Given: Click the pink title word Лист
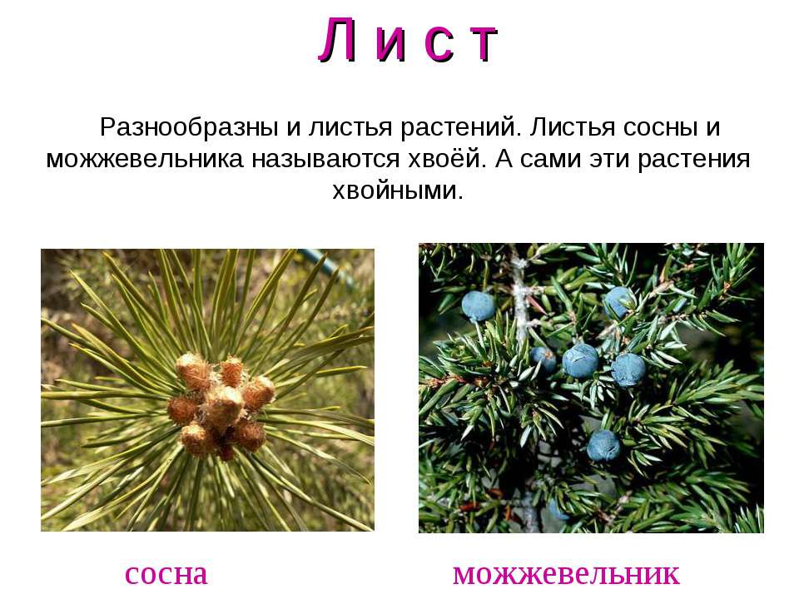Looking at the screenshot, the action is pyautogui.click(x=408, y=40).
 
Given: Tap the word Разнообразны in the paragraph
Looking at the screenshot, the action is pyautogui.click(x=189, y=127).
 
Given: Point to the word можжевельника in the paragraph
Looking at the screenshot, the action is pyautogui.click(x=145, y=160).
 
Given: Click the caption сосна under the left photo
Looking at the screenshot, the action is pyautogui.click(x=166, y=575).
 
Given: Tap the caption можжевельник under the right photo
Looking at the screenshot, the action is pyautogui.click(x=566, y=575).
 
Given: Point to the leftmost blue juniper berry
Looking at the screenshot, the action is pyautogui.click(x=478, y=306).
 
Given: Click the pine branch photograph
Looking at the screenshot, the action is pyautogui.click(x=207, y=390).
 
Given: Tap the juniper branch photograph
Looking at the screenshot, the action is pyautogui.click(x=591, y=389).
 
